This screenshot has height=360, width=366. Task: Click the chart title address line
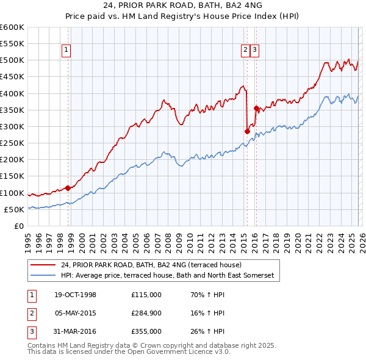[182, 7]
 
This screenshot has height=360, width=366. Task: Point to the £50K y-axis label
[14, 209]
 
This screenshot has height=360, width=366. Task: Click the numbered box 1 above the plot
[66, 51]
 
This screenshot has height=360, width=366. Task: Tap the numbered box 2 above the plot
[245, 51]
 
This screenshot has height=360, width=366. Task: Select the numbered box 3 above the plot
[254, 51]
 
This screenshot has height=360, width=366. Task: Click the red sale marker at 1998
[68, 188]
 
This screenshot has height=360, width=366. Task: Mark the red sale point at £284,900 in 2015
[247, 131]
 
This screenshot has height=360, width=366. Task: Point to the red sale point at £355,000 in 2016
[256, 108]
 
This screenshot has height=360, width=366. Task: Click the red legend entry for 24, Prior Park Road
[151, 265]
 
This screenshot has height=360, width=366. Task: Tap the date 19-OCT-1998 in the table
[75, 295]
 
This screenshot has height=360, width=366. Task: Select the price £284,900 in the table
[146, 313]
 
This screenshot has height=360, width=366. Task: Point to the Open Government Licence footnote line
[129, 352]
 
